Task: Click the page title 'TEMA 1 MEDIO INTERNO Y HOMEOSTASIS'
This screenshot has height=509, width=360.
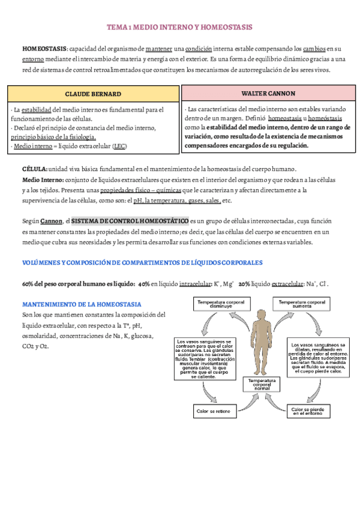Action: (179, 28)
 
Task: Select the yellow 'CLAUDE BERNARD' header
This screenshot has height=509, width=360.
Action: (93, 94)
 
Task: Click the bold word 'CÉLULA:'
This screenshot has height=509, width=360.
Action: (34, 170)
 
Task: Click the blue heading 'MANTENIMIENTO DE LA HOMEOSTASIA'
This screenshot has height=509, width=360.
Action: (82, 304)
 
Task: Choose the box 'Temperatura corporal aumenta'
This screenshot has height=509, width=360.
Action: (302, 305)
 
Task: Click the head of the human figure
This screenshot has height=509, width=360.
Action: (262, 316)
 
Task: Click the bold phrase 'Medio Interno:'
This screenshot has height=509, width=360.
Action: (43, 180)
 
